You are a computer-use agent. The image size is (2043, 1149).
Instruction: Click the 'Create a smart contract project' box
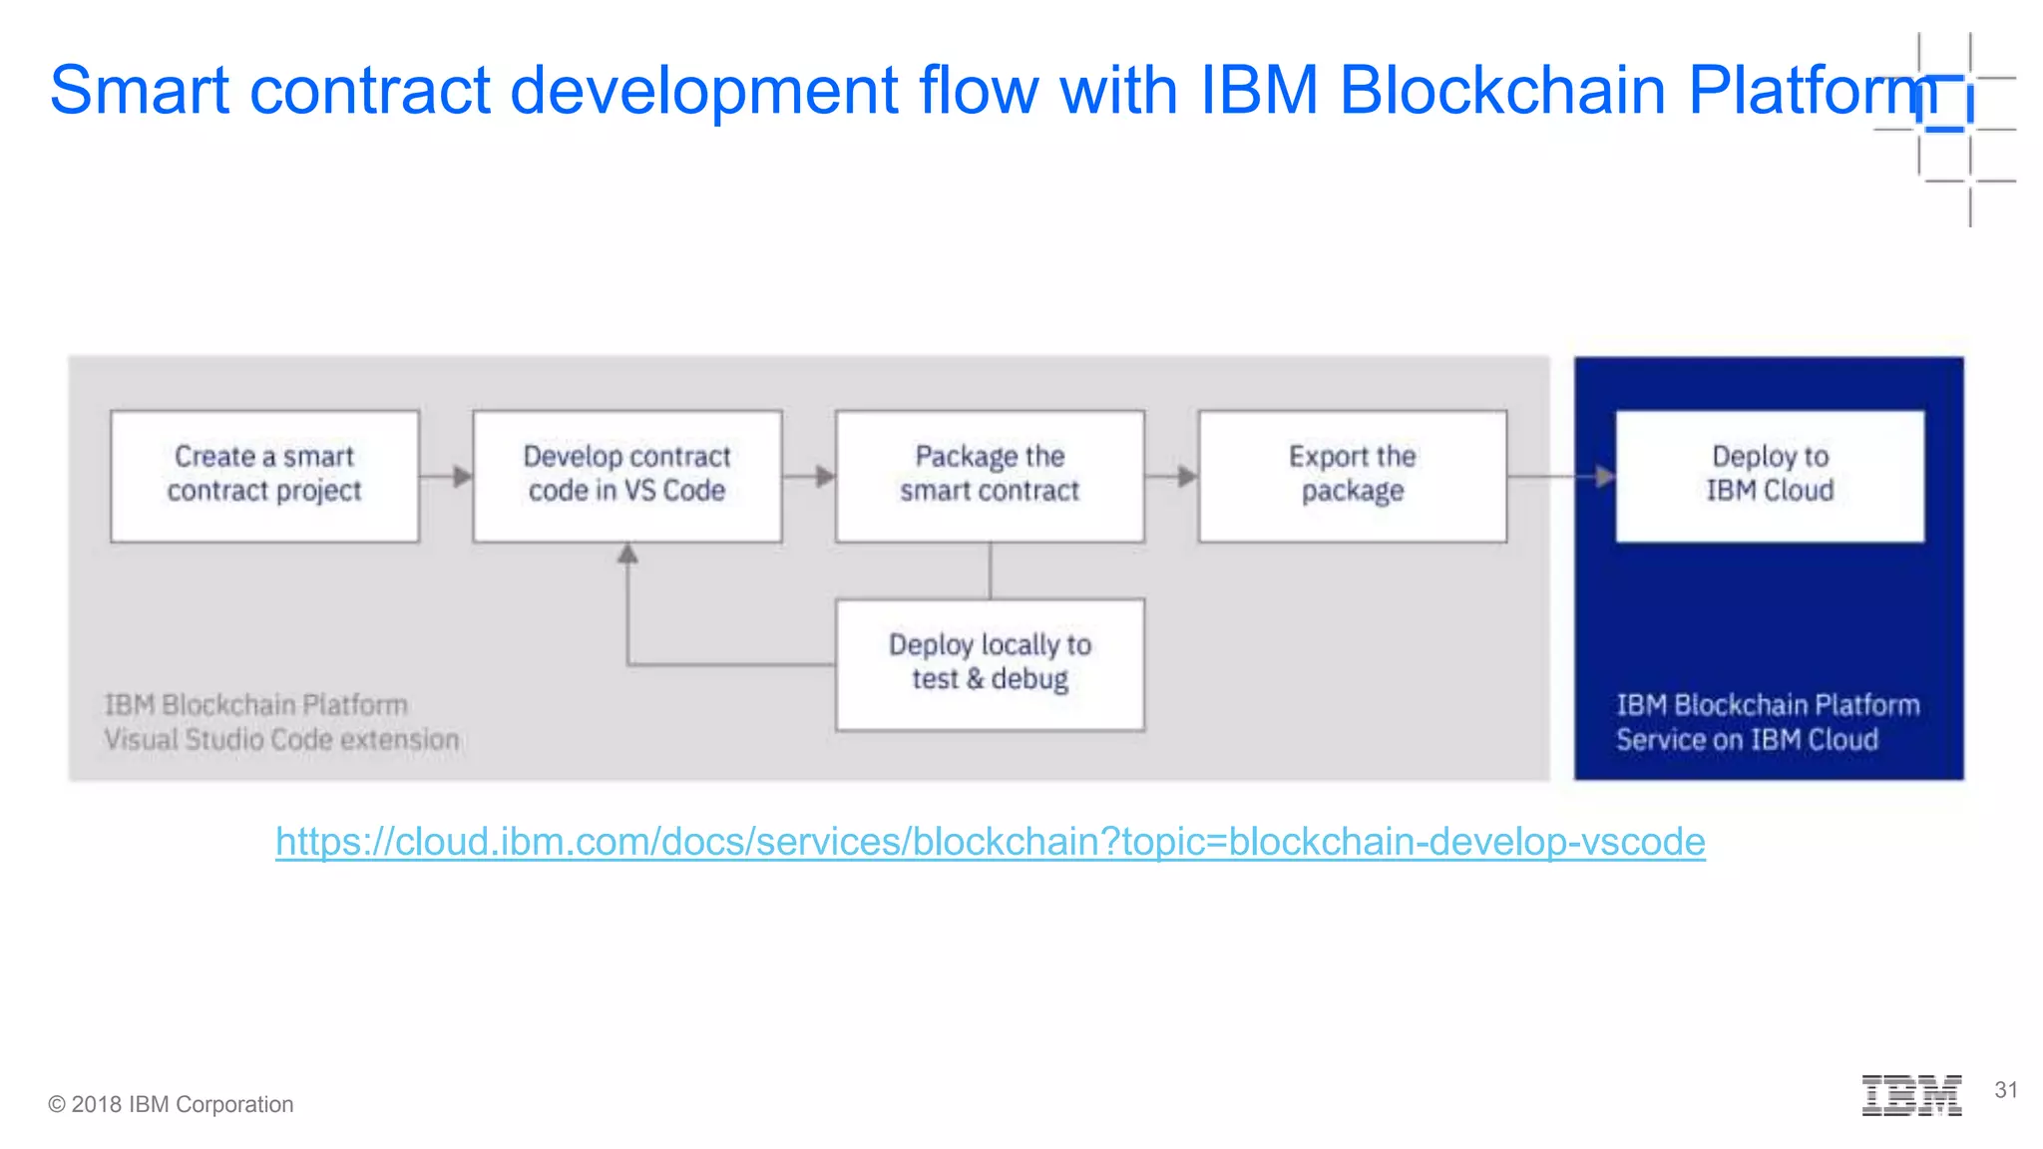pyautogui.click(x=264, y=476)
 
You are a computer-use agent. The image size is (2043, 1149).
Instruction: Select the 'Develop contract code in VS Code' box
pyautogui.click(x=626, y=476)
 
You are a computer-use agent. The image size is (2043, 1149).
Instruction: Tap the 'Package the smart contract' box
pyautogui.click(x=990, y=476)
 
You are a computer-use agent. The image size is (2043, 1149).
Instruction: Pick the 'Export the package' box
pyautogui.click(x=1352, y=476)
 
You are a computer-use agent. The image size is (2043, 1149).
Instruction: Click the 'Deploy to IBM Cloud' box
pyautogui.click(x=1770, y=476)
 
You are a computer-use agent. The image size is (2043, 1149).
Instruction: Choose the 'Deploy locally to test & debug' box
pyautogui.click(x=990, y=664)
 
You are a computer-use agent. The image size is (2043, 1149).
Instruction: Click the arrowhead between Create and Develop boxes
pyautogui.click(x=462, y=477)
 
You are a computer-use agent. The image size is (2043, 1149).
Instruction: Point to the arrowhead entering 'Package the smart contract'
pyautogui.click(x=825, y=477)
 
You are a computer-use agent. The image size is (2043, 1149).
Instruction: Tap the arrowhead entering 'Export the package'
pyautogui.click(x=1187, y=477)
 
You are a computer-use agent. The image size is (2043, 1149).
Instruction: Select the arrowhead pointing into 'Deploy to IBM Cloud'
pyautogui.click(x=1604, y=477)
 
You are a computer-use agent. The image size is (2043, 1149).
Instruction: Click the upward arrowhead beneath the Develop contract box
pyautogui.click(x=627, y=554)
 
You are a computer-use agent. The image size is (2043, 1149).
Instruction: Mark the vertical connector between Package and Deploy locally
pyautogui.click(x=990, y=571)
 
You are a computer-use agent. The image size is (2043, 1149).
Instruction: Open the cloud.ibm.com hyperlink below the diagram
pyautogui.click(x=990, y=842)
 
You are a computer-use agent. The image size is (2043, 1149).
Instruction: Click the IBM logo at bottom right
pyautogui.click(x=1911, y=1095)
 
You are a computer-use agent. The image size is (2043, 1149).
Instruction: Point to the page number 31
pyautogui.click(x=2006, y=1090)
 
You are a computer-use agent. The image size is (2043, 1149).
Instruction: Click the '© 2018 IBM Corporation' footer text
pyautogui.click(x=171, y=1104)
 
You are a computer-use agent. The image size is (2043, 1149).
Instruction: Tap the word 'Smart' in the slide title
pyautogui.click(x=140, y=90)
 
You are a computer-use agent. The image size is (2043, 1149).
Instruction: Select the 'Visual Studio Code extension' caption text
pyautogui.click(x=281, y=740)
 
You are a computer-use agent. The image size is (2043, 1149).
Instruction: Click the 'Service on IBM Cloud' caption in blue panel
pyautogui.click(x=1747, y=740)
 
